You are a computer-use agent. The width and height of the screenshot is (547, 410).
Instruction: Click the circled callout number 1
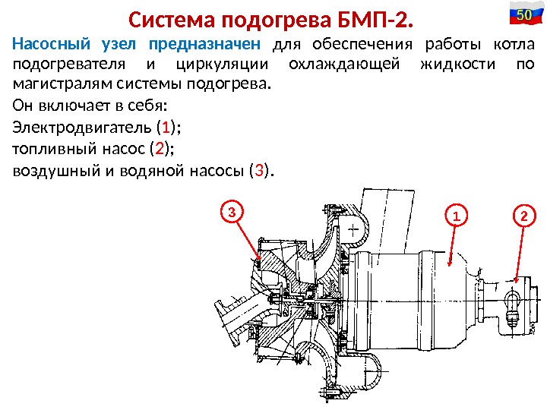click(457, 217)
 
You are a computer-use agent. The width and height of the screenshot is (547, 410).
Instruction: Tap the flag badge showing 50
click(521, 15)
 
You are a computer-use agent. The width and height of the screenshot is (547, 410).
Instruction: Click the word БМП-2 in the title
click(377, 17)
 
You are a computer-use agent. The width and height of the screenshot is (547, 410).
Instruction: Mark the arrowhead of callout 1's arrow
click(451, 266)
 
